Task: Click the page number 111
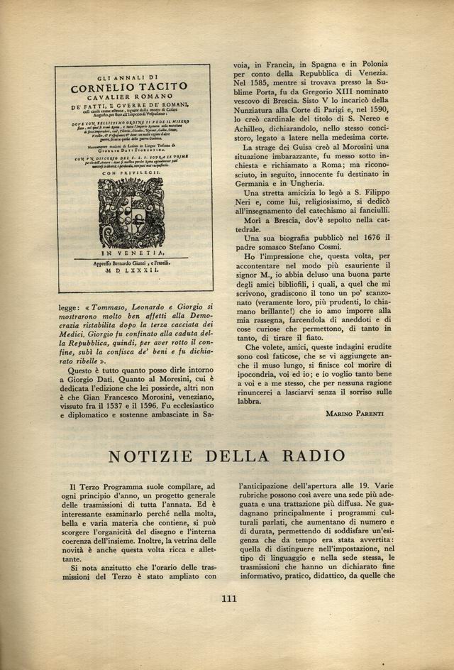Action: pos(228,598)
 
